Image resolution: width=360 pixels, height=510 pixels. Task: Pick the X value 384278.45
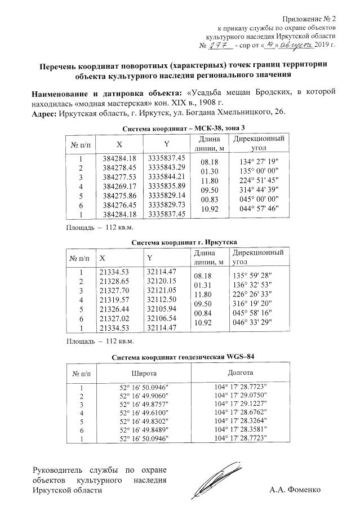tap(120, 167)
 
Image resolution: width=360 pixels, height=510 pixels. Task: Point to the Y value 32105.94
tap(162, 308)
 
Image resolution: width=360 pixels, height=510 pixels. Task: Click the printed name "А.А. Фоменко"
tap(295, 490)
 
